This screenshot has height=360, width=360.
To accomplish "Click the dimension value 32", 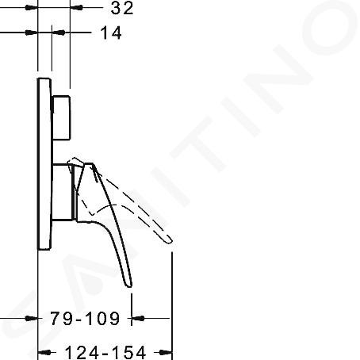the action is click(122, 8).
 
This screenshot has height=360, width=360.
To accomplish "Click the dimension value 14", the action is click(111, 33).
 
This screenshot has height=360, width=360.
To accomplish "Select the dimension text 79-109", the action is click(85, 318).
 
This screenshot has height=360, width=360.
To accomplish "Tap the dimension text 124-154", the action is click(105, 352).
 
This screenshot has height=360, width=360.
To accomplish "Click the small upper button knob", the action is click(61, 117).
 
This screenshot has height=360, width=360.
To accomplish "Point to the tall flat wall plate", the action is click(44, 164).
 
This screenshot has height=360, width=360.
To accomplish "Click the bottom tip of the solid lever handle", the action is click(129, 285).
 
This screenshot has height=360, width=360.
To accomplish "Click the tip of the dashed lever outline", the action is click(170, 241).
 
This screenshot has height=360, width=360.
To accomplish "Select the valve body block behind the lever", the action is click(63, 192).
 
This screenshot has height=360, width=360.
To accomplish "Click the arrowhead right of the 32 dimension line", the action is click(77, 8).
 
